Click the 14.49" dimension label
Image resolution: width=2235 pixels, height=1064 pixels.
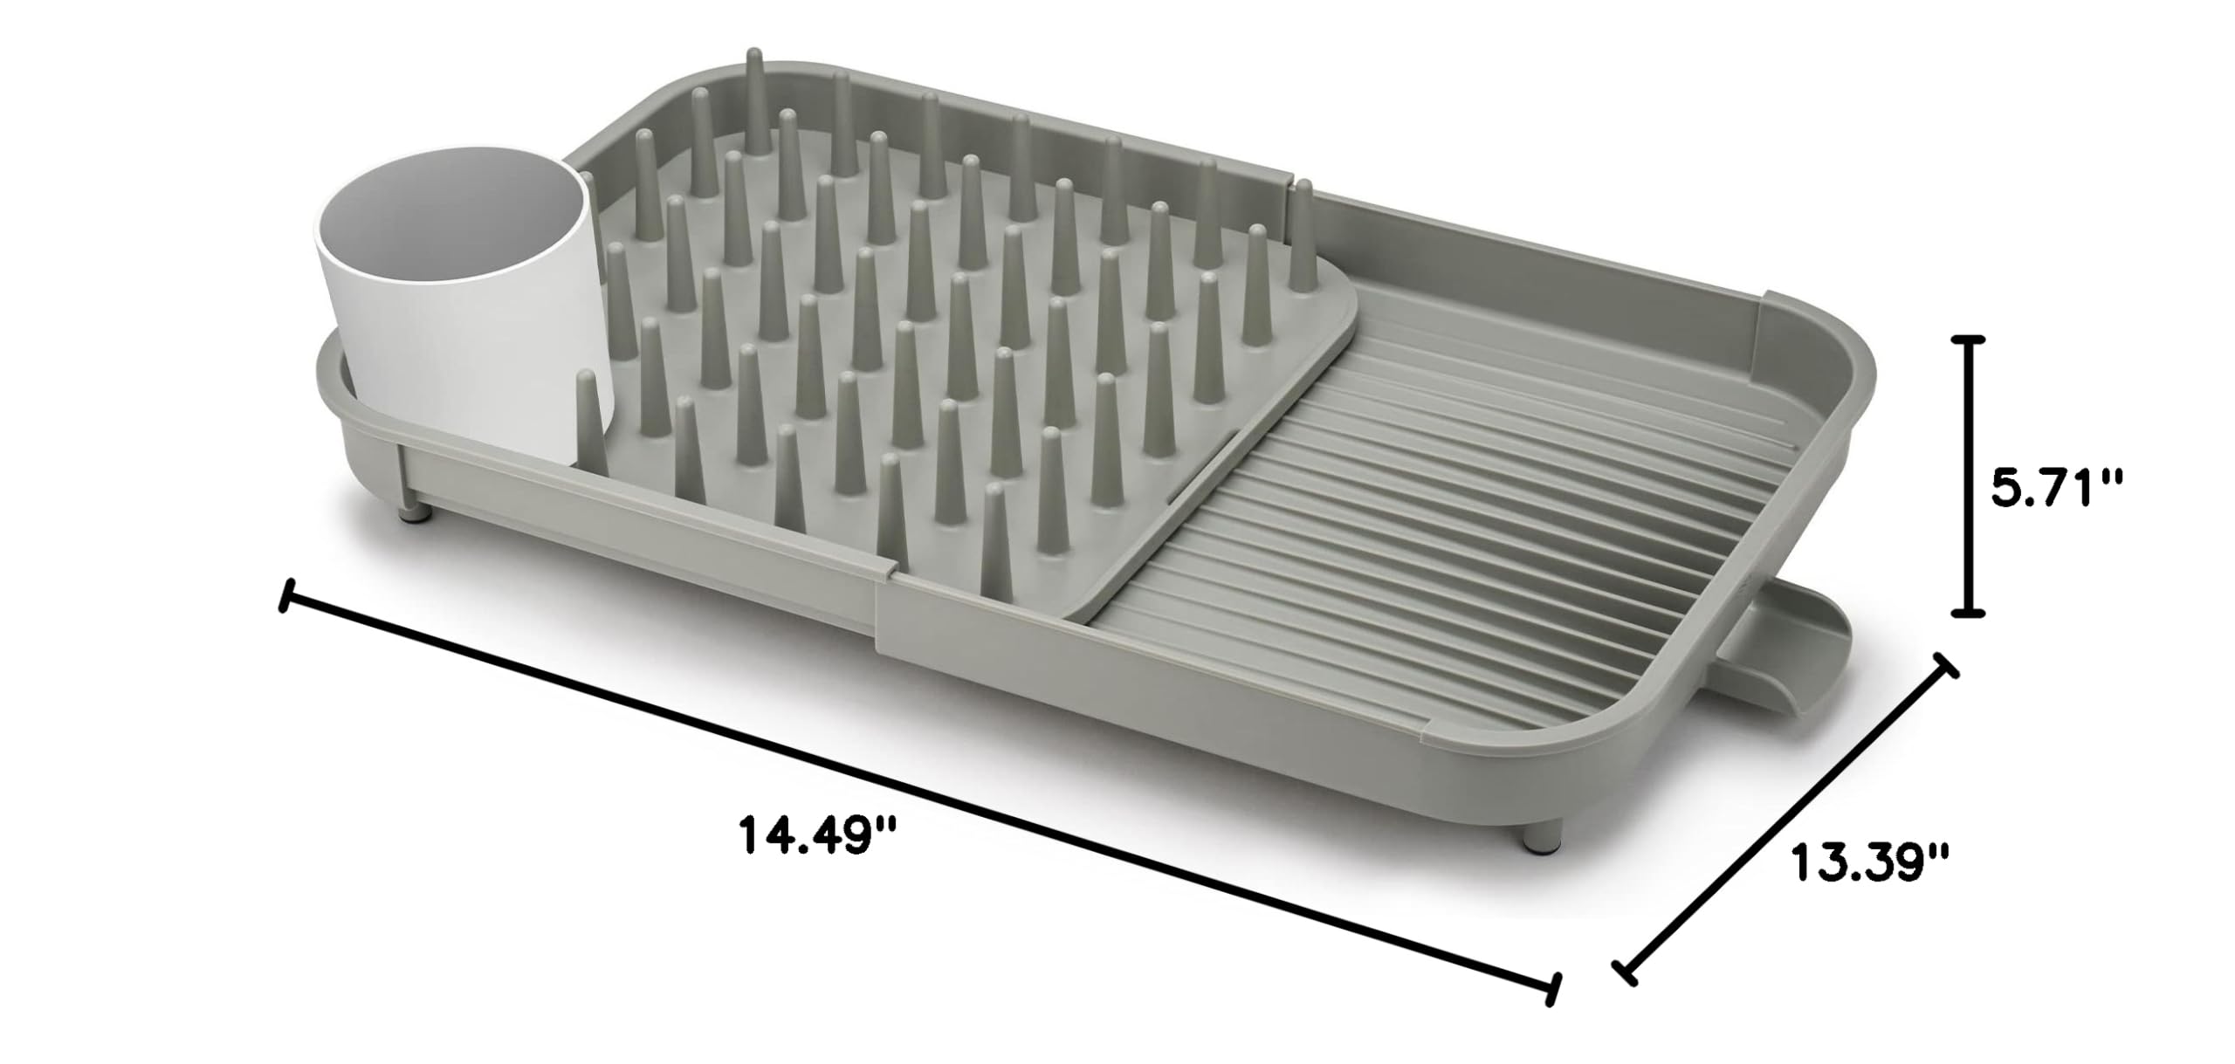point(818,835)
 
